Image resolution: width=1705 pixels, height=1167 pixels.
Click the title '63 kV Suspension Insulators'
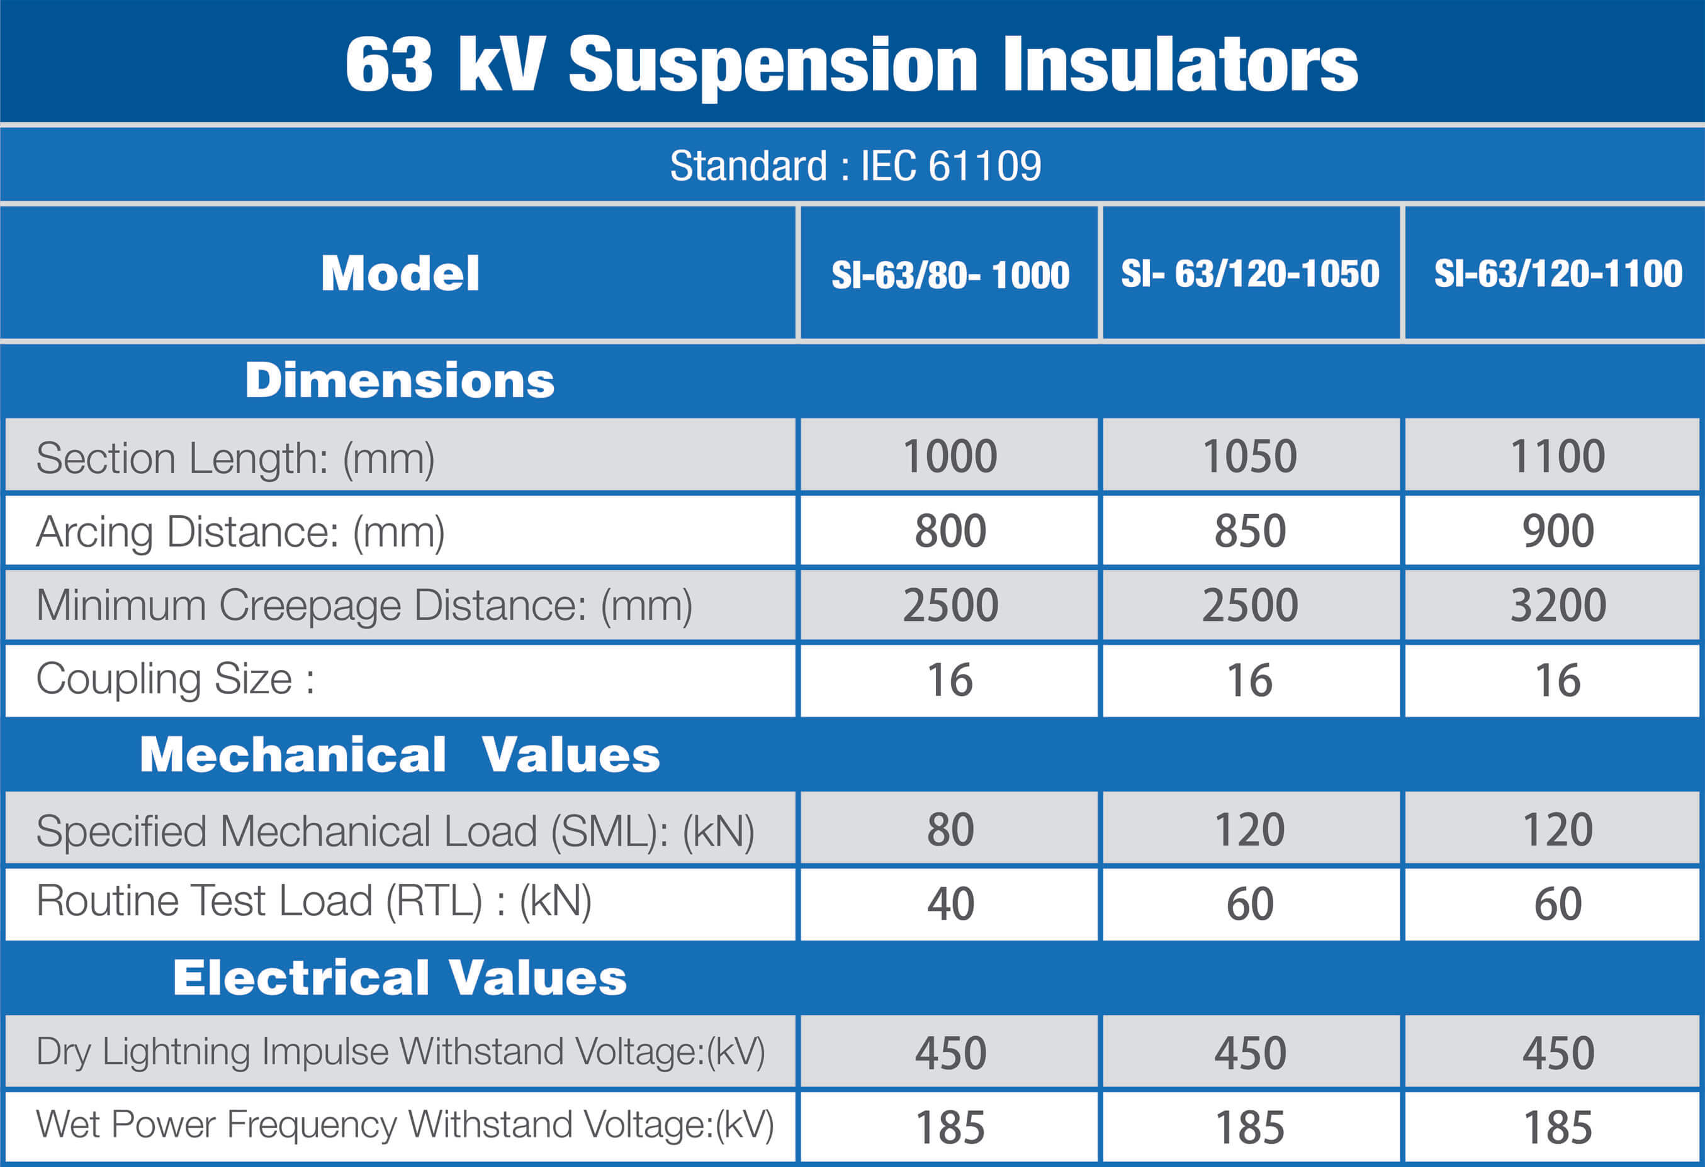[851, 66]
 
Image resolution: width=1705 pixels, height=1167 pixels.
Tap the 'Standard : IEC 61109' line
[855, 166]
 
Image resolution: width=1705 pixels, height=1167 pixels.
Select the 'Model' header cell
[400, 274]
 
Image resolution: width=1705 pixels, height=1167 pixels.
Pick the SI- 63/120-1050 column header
[1250, 274]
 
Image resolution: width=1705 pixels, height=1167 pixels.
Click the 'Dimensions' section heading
[400, 381]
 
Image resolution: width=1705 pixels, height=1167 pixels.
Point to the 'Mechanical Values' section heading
[400, 755]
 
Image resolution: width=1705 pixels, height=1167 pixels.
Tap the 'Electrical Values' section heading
[400, 978]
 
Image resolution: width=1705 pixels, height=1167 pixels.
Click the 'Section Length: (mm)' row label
[235, 459]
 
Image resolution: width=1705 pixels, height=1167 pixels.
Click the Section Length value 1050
[1250, 456]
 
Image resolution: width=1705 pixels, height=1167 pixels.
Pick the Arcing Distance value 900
[1558, 531]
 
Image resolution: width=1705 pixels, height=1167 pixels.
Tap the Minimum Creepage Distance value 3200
[1558, 606]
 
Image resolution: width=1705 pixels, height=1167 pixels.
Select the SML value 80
[950, 830]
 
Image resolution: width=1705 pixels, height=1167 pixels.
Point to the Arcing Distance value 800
[950, 531]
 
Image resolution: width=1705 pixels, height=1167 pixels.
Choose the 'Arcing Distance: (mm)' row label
[240, 532]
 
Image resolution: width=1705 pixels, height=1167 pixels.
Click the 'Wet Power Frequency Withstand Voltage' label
[405, 1125]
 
